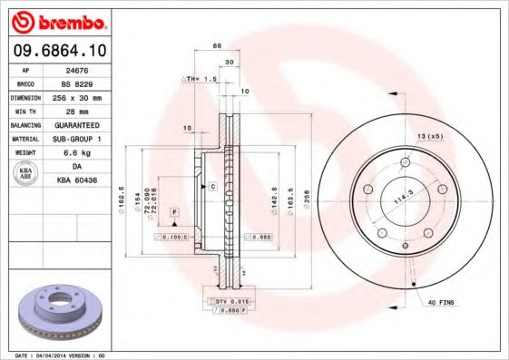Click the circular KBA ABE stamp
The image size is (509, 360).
26,174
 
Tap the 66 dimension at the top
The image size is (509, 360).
217,45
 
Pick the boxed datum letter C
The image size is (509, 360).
212,186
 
